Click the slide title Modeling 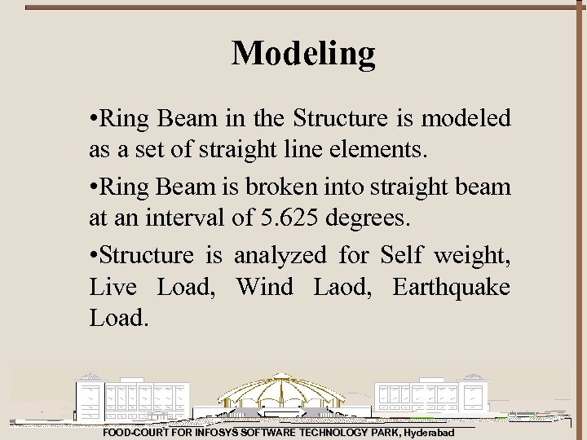[303, 54]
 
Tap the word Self [401, 256]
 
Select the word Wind [265, 287]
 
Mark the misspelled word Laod [344, 287]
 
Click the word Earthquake [452, 288]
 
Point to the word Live [114, 287]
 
